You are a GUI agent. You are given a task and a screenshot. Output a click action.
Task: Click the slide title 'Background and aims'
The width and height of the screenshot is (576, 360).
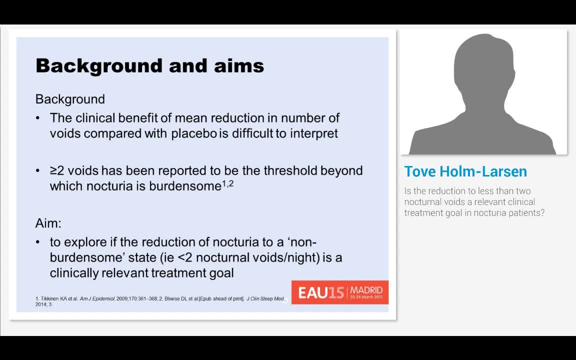pyautogui.click(x=149, y=66)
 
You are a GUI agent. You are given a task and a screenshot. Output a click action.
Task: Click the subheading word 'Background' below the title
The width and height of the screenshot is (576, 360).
pyautogui.click(x=70, y=99)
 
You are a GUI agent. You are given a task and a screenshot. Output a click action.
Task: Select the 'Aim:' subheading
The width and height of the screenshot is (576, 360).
pyautogui.click(x=48, y=223)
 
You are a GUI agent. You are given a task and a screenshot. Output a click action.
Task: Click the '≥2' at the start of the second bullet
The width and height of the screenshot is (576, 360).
pyautogui.click(x=57, y=170)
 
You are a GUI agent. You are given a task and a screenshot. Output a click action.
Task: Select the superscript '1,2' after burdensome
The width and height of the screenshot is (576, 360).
pyautogui.click(x=227, y=184)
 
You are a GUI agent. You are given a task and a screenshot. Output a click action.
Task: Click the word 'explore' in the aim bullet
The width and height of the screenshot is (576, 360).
pyautogui.click(x=90, y=242)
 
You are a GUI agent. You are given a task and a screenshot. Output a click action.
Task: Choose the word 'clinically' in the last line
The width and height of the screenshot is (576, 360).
pyautogui.click(x=74, y=273)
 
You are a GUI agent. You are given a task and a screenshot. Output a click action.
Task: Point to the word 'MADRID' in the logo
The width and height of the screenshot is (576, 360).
pyautogui.click(x=366, y=290)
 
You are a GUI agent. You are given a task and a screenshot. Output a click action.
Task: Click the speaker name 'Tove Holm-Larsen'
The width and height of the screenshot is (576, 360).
pyautogui.click(x=465, y=171)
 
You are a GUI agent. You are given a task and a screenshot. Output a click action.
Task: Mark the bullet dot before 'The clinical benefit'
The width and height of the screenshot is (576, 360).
pyautogui.click(x=38, y=118)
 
